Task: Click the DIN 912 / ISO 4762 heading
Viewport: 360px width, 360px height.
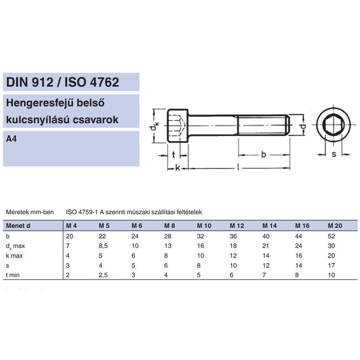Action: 63,82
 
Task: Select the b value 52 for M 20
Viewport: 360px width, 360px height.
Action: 332,236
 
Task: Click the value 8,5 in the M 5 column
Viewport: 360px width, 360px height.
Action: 103,245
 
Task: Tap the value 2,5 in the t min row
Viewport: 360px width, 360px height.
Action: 103,274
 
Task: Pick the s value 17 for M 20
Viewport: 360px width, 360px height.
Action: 332,265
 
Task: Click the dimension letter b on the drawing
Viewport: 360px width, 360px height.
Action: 264,155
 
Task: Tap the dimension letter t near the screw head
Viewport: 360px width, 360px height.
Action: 174,155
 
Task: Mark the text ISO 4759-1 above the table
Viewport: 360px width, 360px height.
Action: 81,211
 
